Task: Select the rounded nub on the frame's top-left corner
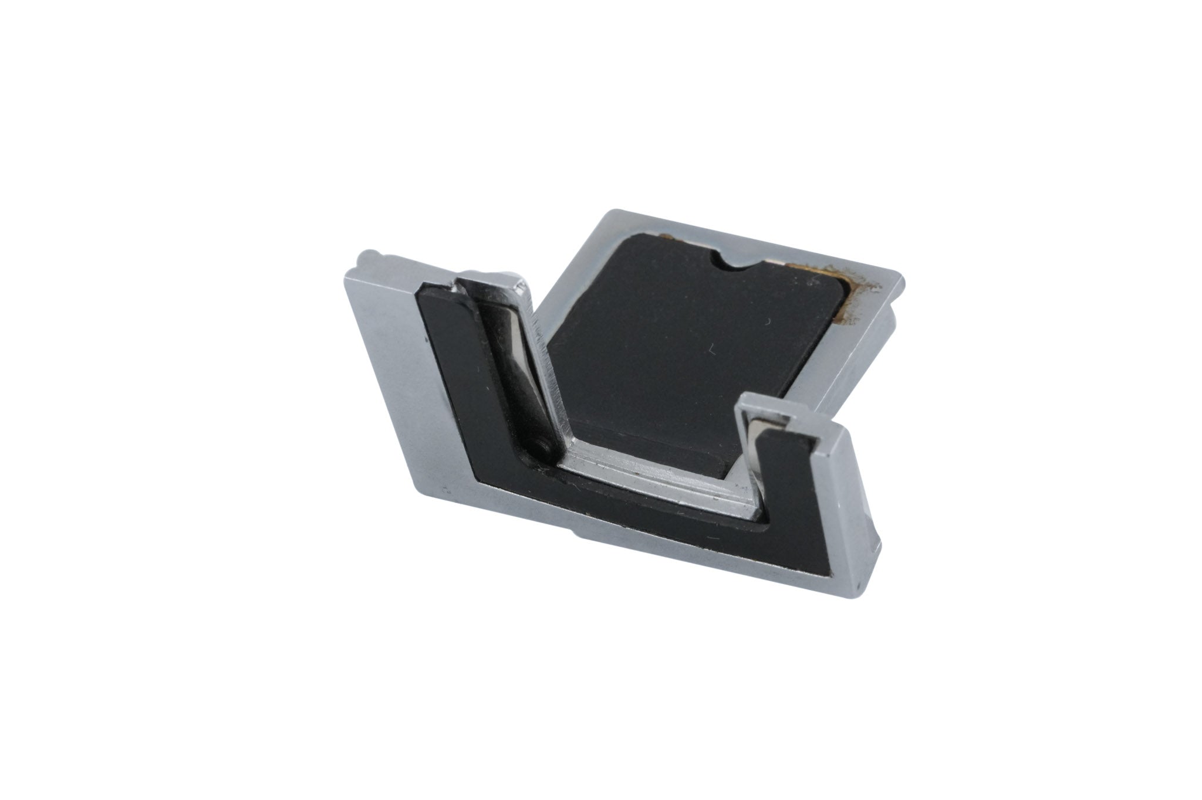coord(366,256)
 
